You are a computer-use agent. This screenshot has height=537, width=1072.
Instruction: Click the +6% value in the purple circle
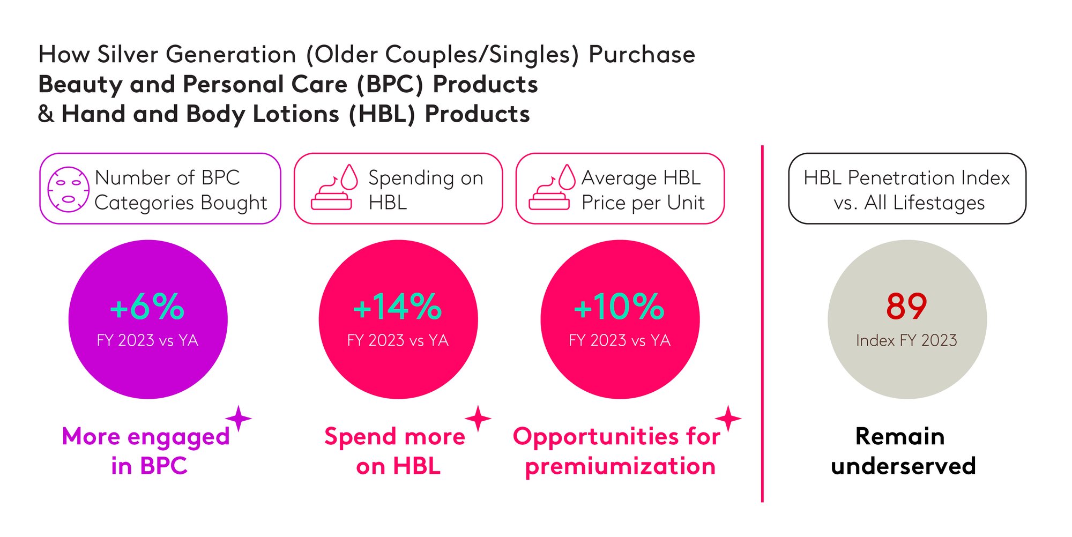(x=147, y=307)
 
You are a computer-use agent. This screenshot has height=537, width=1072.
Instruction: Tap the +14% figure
(x=398, y=307)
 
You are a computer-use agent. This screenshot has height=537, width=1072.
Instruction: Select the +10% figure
(x=619, y=307)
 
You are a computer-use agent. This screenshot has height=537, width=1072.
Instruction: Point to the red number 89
(x=906, y=307)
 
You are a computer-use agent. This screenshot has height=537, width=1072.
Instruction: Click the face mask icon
(x=68, y=189)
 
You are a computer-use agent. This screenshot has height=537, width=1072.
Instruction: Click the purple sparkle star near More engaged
(x=239, y=418)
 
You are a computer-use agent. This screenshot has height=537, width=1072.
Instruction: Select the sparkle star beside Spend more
(x=478, y=418)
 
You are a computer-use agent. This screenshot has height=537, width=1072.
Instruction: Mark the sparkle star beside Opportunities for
(x=728, y=418)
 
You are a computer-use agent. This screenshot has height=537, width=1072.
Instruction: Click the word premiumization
(x=620, y=466)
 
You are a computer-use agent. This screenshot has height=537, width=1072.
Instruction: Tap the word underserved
(x=903, y=466)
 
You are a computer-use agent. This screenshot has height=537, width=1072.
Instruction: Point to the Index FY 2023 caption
(x=906, y=340)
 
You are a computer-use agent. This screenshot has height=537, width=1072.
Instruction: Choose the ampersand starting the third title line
(x=46, y=114)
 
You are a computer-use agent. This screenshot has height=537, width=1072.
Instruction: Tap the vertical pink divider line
(x=762, y=323)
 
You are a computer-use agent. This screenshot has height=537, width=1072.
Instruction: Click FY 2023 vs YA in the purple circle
(x=147, y=340)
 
